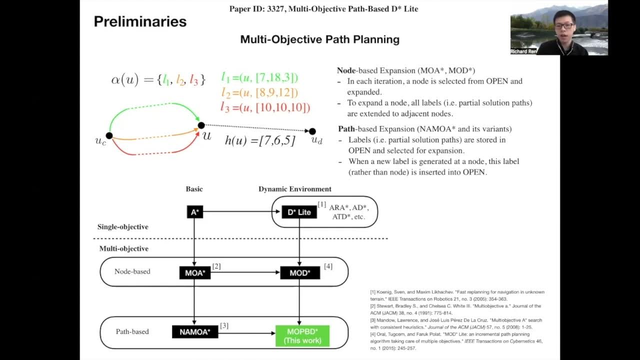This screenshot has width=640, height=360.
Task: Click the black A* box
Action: [x=194, y=212]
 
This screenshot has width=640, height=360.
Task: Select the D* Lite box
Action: [x=299, y=212]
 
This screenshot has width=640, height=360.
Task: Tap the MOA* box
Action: [x=195, y=273]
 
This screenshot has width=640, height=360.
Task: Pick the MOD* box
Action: [x=299, y=273]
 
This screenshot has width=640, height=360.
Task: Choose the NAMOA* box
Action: [x=195, y=331]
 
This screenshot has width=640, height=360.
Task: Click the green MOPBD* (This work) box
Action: [x=302, y=336]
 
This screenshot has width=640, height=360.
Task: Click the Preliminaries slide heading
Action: [x=140, y=21]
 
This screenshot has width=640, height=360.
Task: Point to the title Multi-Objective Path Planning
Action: [x=319, y=39]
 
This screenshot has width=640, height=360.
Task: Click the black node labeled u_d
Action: [x=312, y=131]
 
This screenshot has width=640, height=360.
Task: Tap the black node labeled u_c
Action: [x=109, y=136]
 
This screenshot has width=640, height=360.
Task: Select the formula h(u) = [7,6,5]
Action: [x=260, y=140]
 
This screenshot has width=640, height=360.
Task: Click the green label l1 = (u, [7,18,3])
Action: [x=259, y=77]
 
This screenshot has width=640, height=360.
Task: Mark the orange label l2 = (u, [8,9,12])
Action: [x=259, y=92]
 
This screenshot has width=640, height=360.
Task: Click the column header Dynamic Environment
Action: [x=294, y=189]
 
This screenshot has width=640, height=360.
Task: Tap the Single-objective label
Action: [x=122, y=227]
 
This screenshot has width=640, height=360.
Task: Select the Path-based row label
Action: [x=132, y=331]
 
